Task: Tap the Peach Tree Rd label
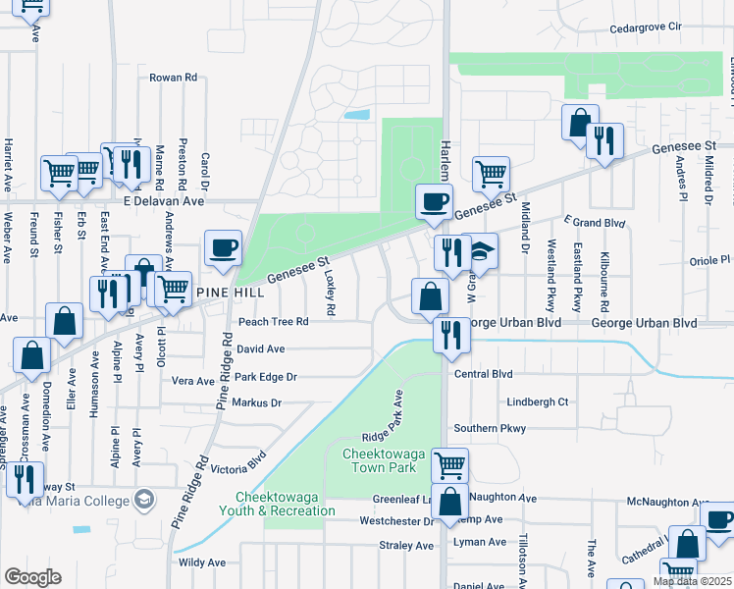point(273,321)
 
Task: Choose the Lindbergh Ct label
point(538,402)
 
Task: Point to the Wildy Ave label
point(202,562)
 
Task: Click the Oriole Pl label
point(711,260)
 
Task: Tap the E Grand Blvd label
point(595,223)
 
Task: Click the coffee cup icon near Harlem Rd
point(434,202)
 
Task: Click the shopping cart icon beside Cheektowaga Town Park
point(449,464)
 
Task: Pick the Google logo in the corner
point(32,577)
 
